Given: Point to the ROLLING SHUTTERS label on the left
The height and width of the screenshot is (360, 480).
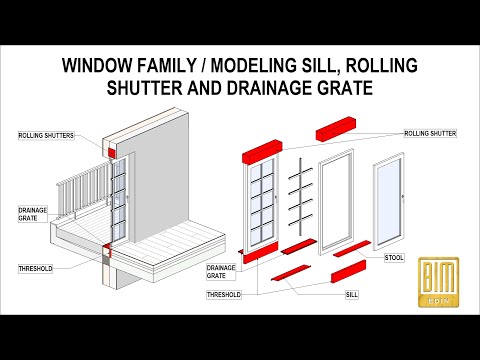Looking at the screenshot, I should pos(44,134).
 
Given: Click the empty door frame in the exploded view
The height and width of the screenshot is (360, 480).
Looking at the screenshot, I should pos(334,194).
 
